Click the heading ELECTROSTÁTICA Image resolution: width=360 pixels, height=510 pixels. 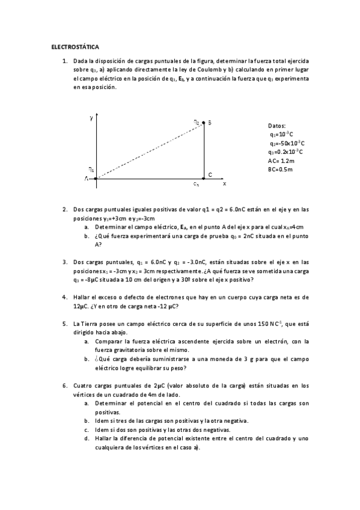[x=75, y=46]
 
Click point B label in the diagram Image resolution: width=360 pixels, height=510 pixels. [x=209, y=123]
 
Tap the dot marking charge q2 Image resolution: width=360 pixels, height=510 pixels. [x=204, y=122]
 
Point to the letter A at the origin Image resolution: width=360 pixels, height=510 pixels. [x=87, y=179]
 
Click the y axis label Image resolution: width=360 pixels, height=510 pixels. [x=91, y=118]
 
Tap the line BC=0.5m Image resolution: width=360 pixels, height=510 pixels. [x=280, y=170]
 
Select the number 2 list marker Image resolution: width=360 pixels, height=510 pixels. [x=65, y=210]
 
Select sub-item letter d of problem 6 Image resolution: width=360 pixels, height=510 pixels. [x=87, y=438]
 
